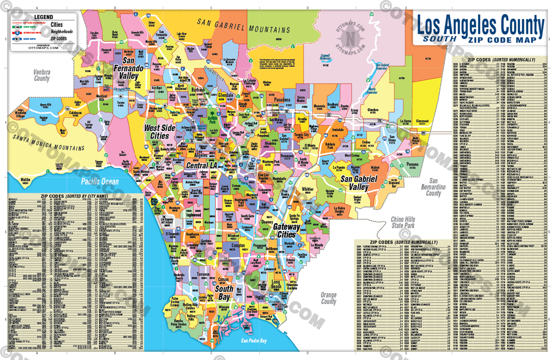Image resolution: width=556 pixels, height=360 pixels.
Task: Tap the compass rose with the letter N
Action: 350,36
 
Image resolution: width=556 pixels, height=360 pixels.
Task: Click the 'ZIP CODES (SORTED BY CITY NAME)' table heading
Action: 75,196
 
